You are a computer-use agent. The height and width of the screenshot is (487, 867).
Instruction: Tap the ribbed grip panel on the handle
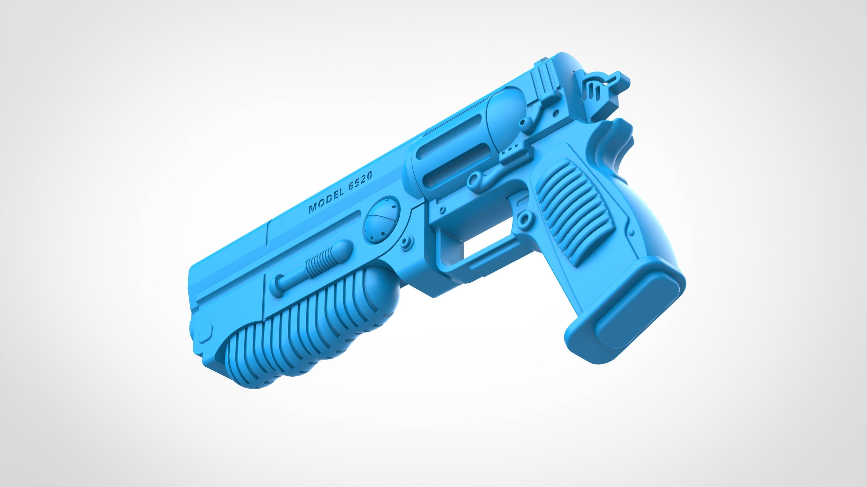coord(572,212)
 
